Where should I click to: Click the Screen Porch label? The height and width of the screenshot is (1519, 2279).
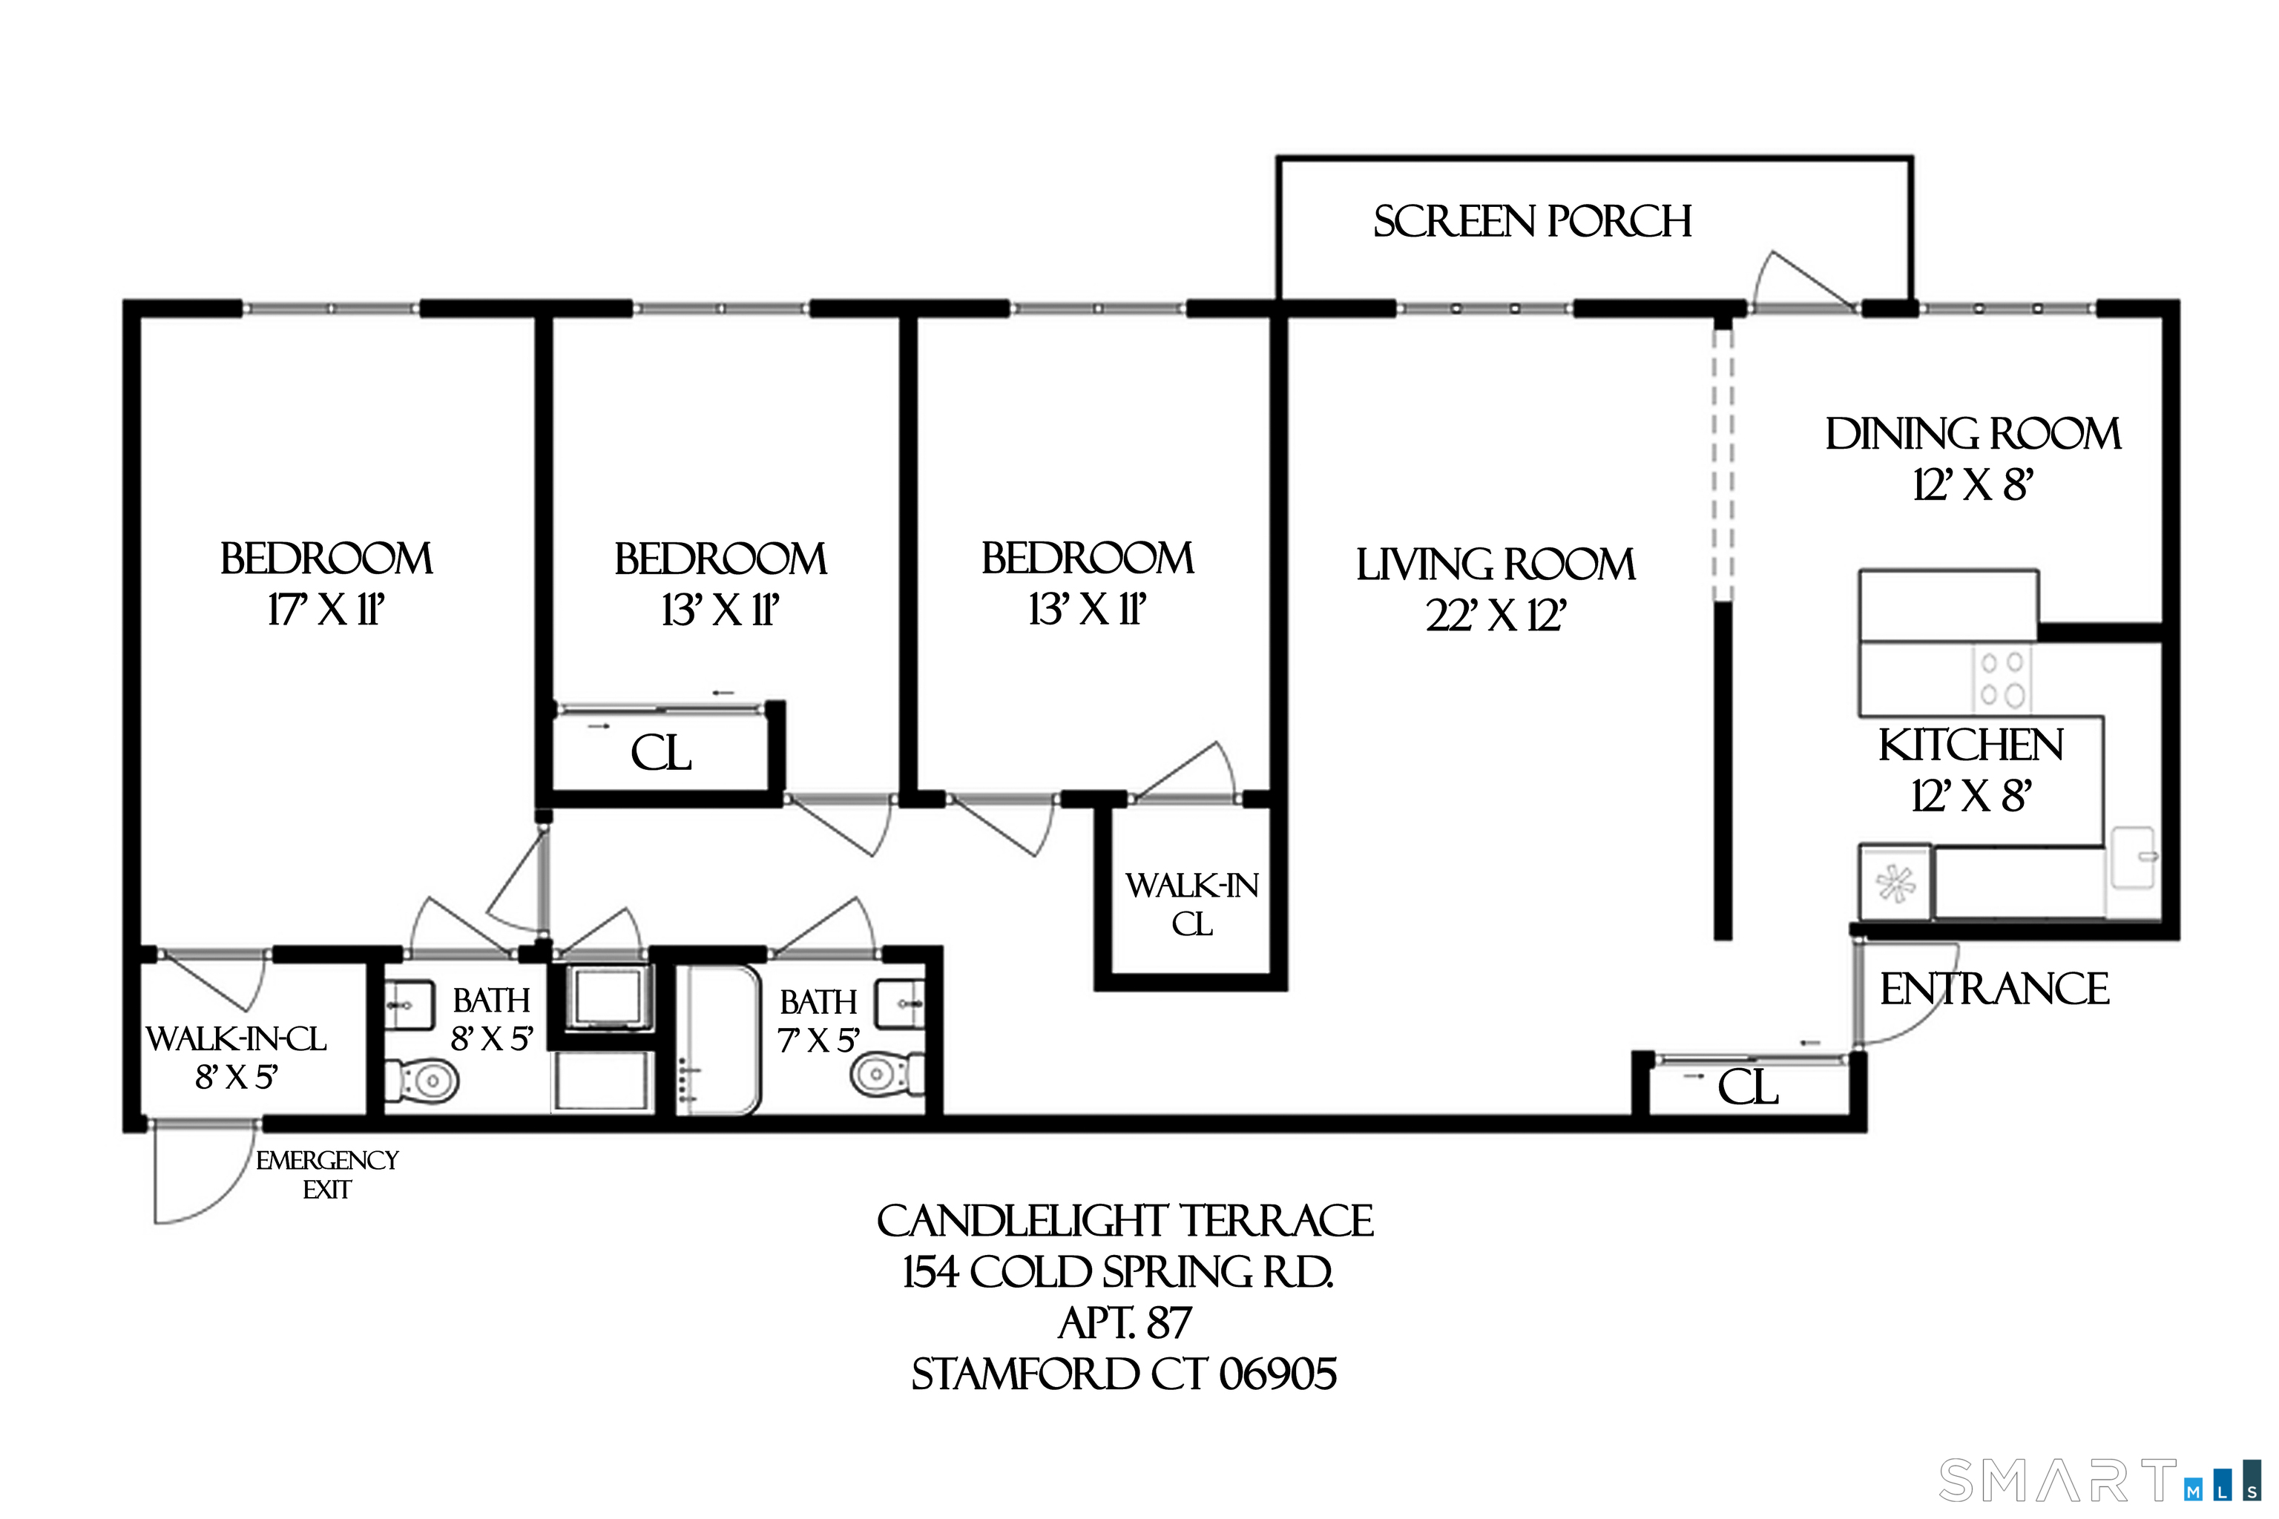pyautogui.click(x=1532, y=222)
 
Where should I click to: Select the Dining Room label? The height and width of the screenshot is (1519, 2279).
pyautogui.click(x=1973, y=434)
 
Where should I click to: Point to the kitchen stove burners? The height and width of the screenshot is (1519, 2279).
pyautogui.click(x=2002, y=679)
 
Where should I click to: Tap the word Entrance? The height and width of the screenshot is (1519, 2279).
pyautogui.click(x=1994, y=989)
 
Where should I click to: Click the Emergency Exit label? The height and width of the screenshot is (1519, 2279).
pyautogui.click(x=326, y=1174)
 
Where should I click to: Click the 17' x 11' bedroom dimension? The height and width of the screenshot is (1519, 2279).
pyautogui.click(x=326, y=610)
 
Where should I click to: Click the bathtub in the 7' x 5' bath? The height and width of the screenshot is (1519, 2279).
pyautogui.click(x=717, y=1039)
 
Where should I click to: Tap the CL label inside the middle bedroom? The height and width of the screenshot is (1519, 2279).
pyautogui.click(x=661, y=753)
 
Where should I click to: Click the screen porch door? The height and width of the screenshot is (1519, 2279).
pyautogui.click(x=1801, y=283)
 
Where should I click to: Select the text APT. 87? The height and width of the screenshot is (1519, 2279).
pyautogui.click(x=1124, y=1322)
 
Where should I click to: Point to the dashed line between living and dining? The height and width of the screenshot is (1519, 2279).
pyautogui.click(x=1722, y=465)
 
